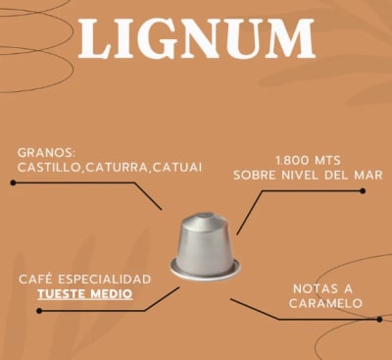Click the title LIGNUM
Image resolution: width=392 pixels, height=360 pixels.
coord(196,39)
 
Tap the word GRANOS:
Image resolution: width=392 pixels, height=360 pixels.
coord(46,152)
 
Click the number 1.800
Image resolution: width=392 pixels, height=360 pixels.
coord(292,159)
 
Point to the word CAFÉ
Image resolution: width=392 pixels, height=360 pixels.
coord(34,280)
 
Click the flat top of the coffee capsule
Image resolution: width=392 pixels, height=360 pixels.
coord(206,218)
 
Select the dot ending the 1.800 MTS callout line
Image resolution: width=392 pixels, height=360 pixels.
coord(364,190)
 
